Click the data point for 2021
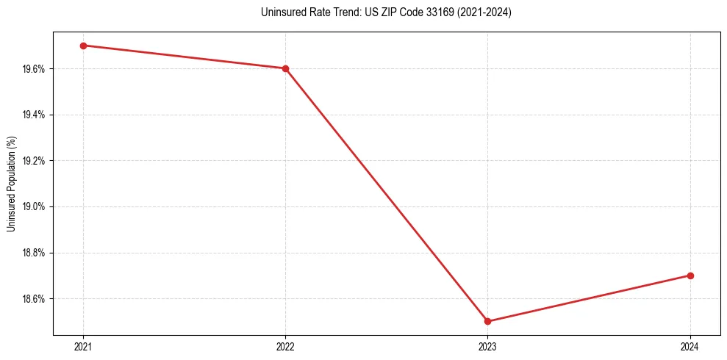tap(83, 46)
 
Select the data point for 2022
tap(285, 68)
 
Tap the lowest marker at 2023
tap(488, 321)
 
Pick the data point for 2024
tap(690, 276)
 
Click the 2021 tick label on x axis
tap(83, 346)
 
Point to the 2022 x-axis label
tap(285, 346)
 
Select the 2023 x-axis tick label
tap(488, 346)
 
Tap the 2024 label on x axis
tap(690, 346)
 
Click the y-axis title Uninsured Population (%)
tap(11, 184)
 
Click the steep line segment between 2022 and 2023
tap(387, 195)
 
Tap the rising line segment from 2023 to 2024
tap(589, 298)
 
